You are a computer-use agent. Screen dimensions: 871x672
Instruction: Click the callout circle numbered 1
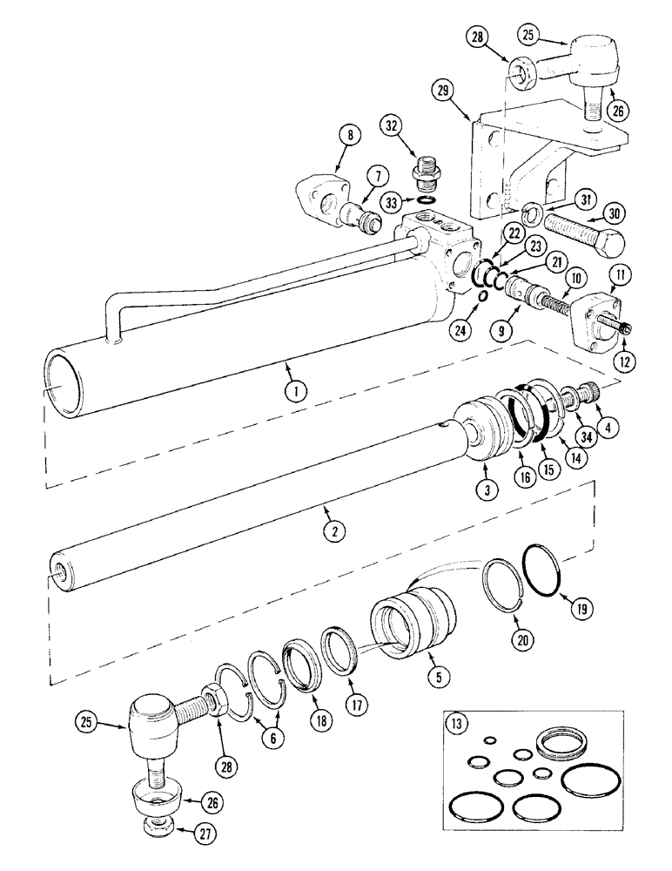[296, 391]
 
